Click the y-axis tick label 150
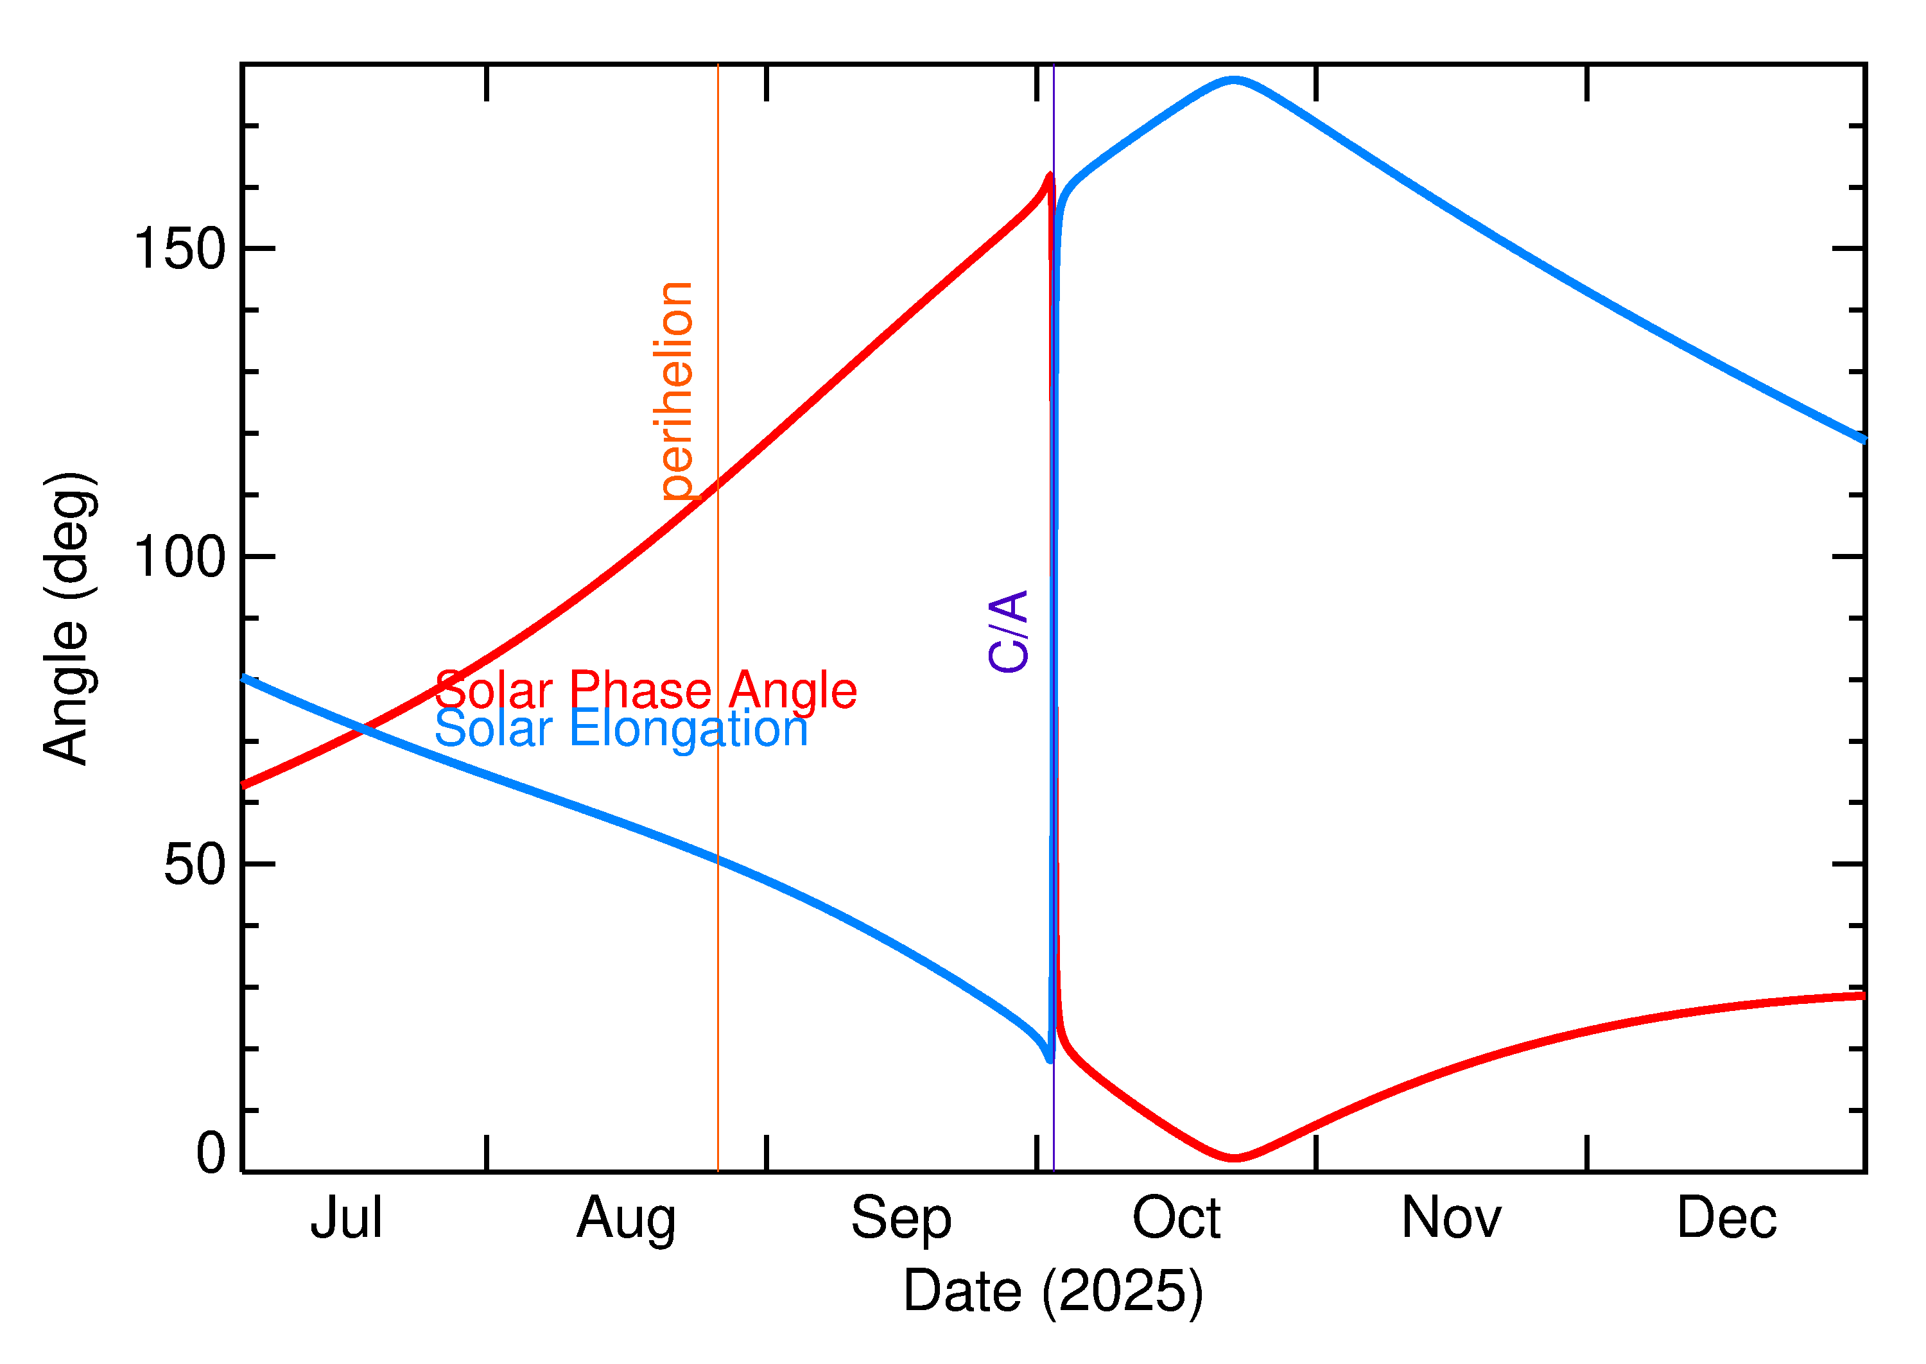pyautogui.click(x=180, y=250)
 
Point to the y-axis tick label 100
pyautogui.click(x=180, y=557)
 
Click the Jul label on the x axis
pyautogui.click(x=346, y=1219)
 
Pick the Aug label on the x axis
pyautogui.click(x=626, y=1219)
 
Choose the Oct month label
pyautogui.click(x=1176, y=1219)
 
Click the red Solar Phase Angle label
pyautogui.click(x=645, y=691)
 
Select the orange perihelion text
pyautogui.click(x=677, y=392)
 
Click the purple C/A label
pyautogui.click(x=1009, y=631)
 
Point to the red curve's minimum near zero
pyautogui.click(x=1234, y=1158)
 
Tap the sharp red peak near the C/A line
pyautogui.click(x=1049, y=175)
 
